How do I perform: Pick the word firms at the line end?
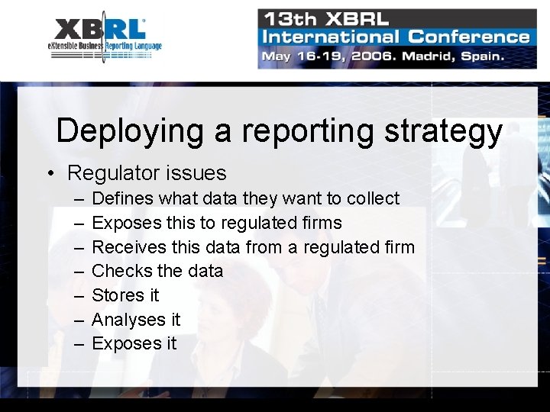point(322,223)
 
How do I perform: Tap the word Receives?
point(128,247)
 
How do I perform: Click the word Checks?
point(121,271)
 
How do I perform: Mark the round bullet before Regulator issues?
point(50,174)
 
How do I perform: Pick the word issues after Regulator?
point(201,173)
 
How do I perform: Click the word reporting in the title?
point(309,130)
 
